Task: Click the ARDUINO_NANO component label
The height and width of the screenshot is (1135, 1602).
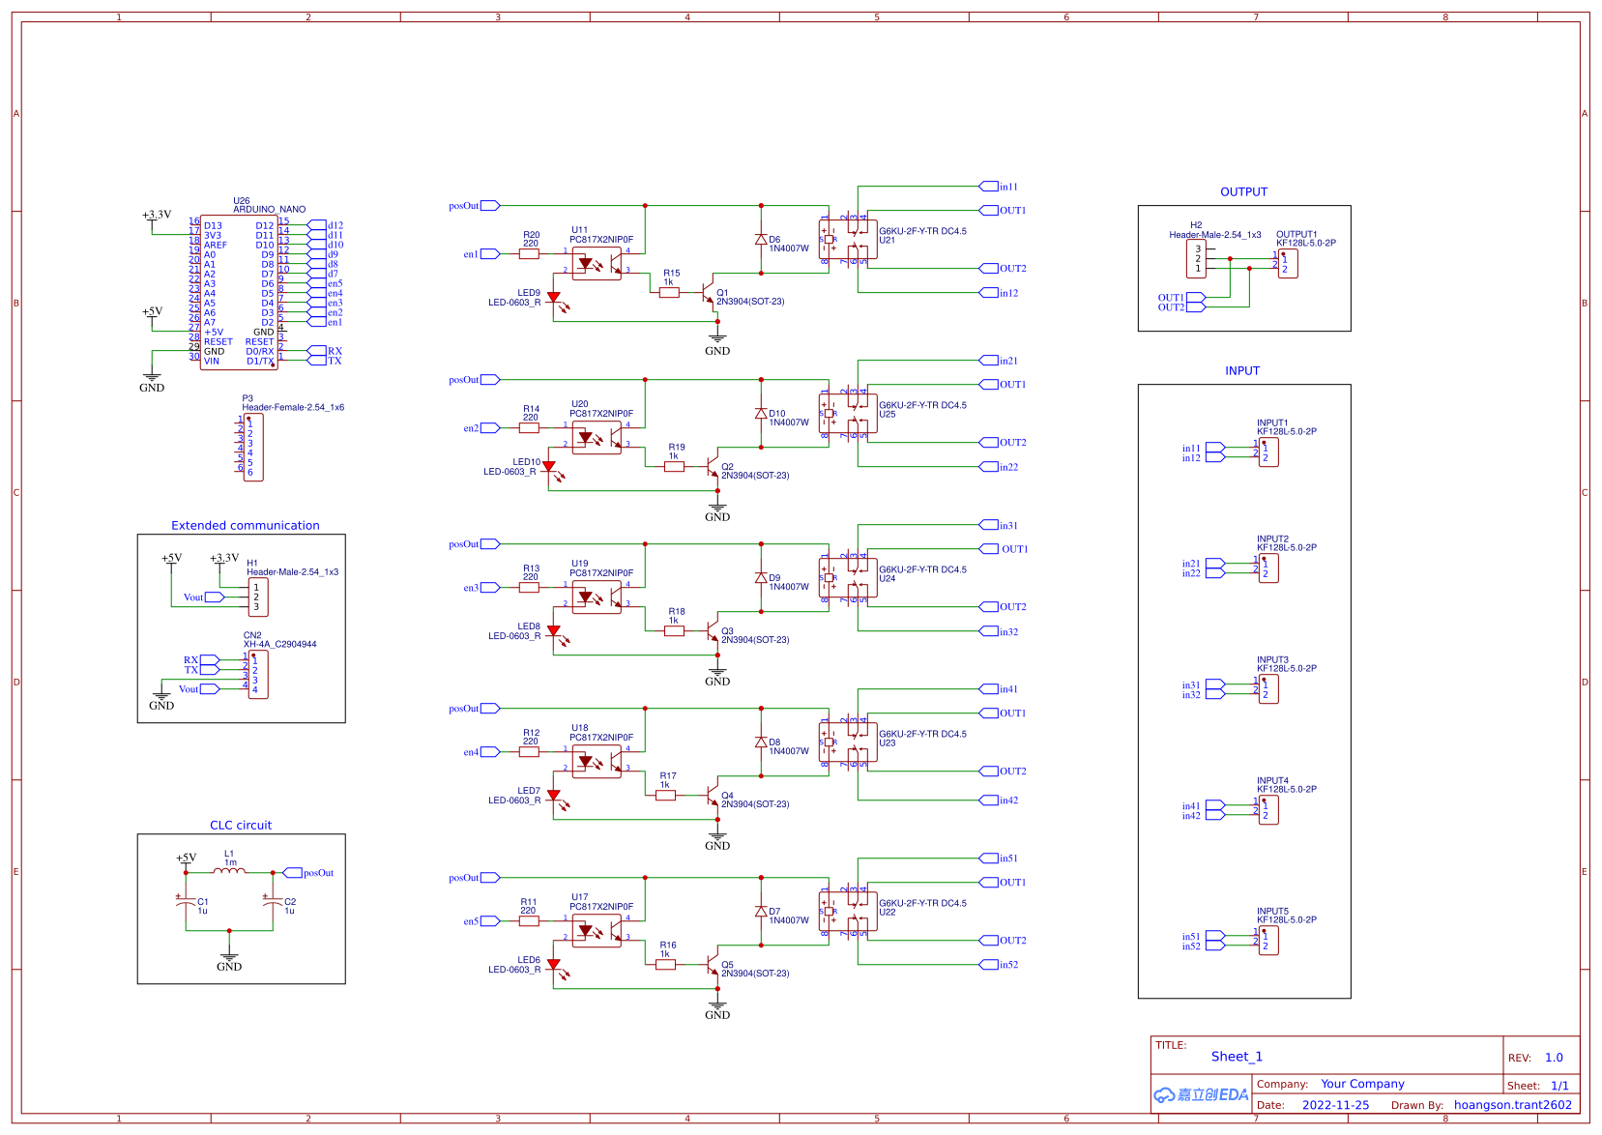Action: [x=269, y=210]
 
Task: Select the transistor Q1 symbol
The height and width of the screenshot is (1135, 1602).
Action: [x=709, y=293]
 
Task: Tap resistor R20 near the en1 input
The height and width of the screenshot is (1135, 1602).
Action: [x=530, y=254]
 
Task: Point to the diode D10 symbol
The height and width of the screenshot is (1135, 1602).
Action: [x=761, y=414]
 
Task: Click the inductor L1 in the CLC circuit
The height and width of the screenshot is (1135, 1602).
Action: [x=229, y=872]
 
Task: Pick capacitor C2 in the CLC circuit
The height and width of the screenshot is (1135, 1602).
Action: [x=272, y=901]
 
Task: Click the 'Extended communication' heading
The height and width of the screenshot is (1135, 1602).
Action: [x=245, y=526]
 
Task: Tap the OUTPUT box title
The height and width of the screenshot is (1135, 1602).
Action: [x=1243, y=192]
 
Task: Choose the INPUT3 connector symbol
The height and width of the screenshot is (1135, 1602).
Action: [x=1267, y=689]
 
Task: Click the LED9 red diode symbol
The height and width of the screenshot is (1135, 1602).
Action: [x=553, y=299]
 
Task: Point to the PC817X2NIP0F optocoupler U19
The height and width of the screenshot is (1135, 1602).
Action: [x=597, y=597]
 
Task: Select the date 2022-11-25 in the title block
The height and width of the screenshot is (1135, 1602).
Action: [x=1335, y=1105]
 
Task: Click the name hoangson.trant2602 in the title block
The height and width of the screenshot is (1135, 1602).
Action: [x=1512, y=1105]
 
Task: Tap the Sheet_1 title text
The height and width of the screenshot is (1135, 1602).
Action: [x=1237, y=1057]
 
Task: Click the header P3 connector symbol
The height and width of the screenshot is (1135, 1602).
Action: [x=253, y=447]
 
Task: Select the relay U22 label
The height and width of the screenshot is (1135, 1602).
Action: [x=887, y=913]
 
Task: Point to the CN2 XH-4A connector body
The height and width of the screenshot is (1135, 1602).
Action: [x=258, y=675]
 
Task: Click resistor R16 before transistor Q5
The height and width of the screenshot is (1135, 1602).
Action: [x=665, y=964]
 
